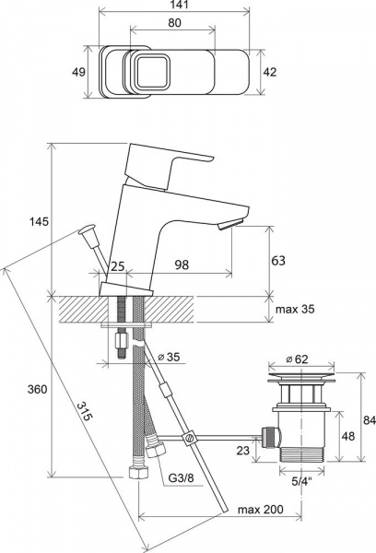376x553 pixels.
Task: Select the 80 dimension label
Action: (x=174, y=22)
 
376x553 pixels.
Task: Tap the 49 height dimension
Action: (x=78, y=72)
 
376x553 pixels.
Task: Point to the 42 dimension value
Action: (x=270, y=72)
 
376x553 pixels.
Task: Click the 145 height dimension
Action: (x=39, y=222)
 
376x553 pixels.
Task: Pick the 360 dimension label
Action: (x=37, y=389)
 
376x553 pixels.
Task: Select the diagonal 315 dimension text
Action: (x=85, y=411)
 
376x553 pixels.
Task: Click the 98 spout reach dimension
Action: (x=182, y=265)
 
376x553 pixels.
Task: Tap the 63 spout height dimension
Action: (x=278, y=261)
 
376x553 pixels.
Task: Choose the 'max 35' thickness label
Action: (x=295, y=310)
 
